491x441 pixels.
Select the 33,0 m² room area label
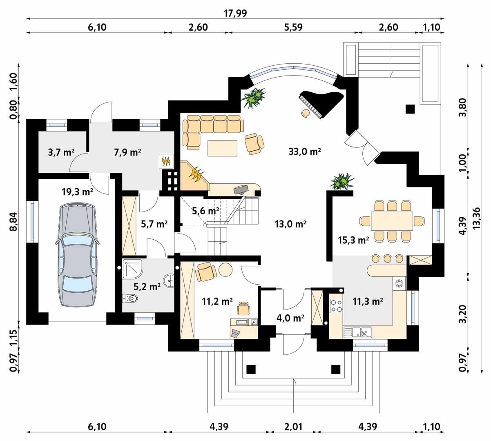point(305,151)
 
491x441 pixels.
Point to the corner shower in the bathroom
point(132,268)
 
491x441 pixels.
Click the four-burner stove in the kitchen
point(336,305)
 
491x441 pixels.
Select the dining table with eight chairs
point(392,221)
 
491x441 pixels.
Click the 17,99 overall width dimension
point(235,13)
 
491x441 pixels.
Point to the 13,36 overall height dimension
point(476,218)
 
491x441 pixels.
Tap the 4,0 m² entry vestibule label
point(290,318)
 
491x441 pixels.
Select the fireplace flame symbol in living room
point(195,173)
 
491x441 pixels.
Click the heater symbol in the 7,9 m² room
point(166,161)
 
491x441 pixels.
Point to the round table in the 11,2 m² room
point(225,269)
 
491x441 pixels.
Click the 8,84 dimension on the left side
point(13,221)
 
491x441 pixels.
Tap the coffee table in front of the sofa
point(223,148)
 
